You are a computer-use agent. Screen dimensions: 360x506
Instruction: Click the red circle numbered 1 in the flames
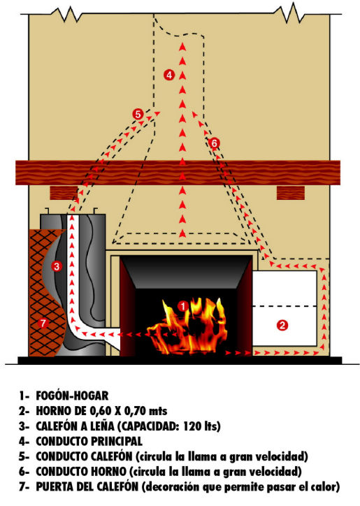coord(182,306)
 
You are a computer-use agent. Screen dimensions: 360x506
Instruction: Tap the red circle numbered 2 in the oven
coord(282,325)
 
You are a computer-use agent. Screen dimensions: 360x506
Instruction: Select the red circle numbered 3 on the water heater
coord(57,266)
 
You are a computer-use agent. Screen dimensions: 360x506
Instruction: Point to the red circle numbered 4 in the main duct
coord(169,75)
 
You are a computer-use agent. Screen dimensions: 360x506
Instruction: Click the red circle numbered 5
coord(138,114)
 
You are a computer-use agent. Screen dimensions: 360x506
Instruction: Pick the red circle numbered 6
coord(214,143)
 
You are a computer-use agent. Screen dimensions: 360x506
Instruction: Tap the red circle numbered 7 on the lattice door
coord(43,323)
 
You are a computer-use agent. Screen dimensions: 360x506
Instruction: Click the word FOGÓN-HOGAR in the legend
coord(72,396)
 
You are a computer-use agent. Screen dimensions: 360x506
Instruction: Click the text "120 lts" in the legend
coord(201,426)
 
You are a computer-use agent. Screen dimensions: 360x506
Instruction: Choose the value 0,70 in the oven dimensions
coord(135,411)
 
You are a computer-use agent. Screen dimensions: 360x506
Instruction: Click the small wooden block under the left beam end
coord(64,193)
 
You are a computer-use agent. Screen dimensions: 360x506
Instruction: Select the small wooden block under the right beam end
coord(291,193)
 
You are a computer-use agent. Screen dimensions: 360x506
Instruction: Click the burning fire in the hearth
coord(187,326)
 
